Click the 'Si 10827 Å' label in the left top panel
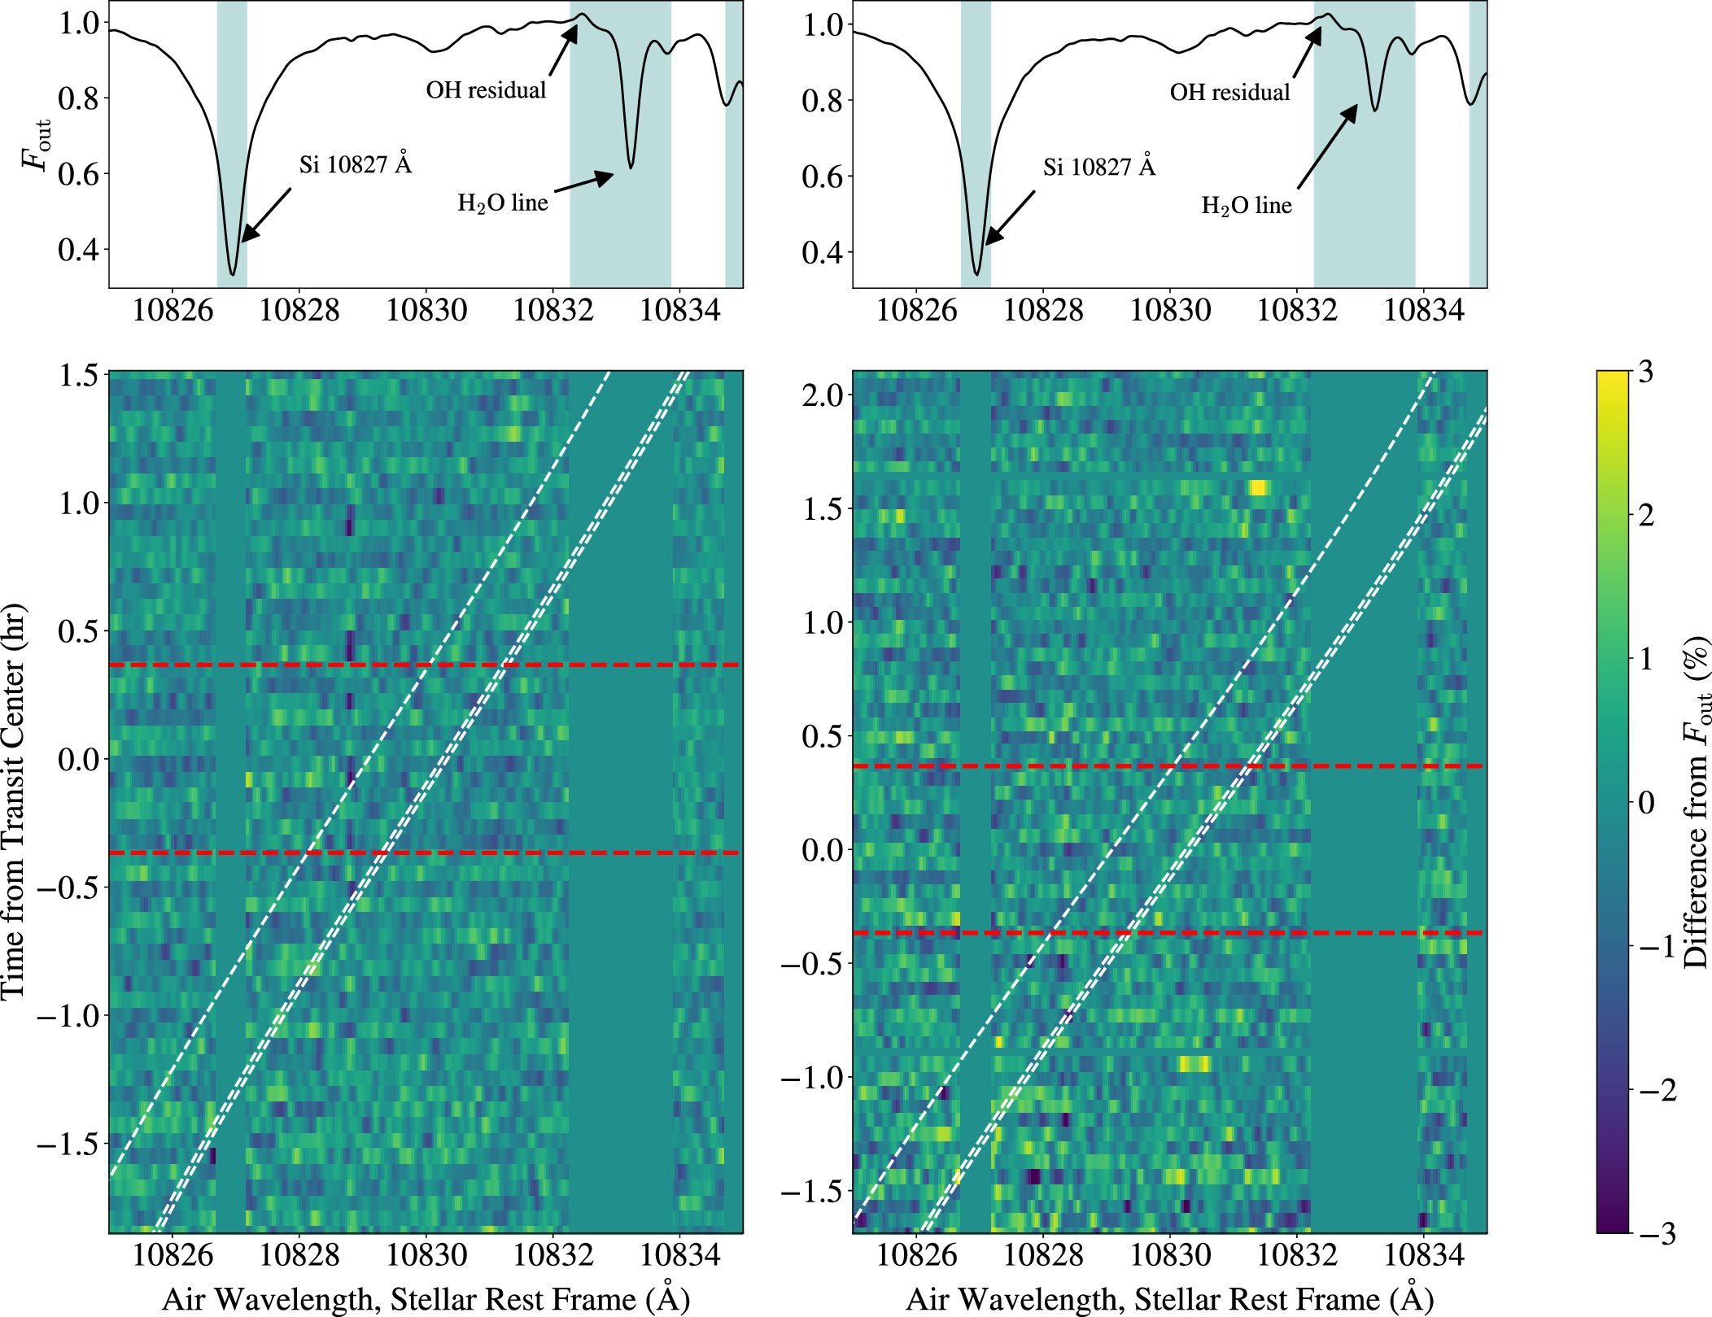(x=356, y=165)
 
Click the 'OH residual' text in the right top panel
(x=1229, y=92)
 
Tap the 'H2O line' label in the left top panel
(x=503, y=203)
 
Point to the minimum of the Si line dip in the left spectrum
(x=233, y=274)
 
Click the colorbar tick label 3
(x=1646, y=372)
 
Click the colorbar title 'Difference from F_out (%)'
(x=1696, y=801)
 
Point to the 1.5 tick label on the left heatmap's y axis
(x=79, y=375)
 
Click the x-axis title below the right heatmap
(x=1169, y=1299)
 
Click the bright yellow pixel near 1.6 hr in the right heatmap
(x=1258, y=487)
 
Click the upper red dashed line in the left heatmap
(x=423, y=665)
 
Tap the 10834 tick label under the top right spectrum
(x=1424, y=310)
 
